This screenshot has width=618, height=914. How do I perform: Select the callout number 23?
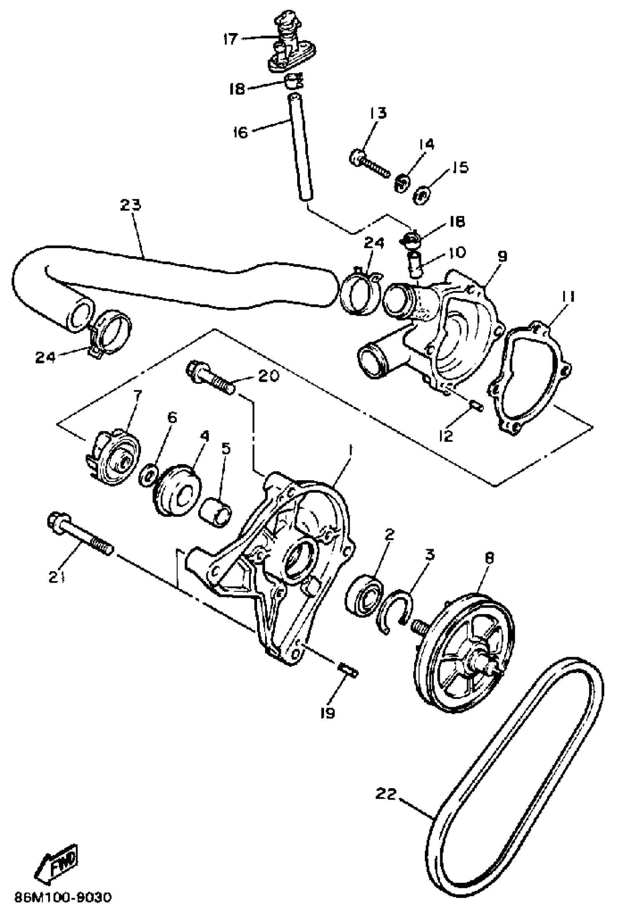(131, 205)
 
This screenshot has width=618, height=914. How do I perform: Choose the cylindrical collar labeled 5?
(216, 511)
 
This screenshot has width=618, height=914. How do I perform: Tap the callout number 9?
(502, 257)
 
